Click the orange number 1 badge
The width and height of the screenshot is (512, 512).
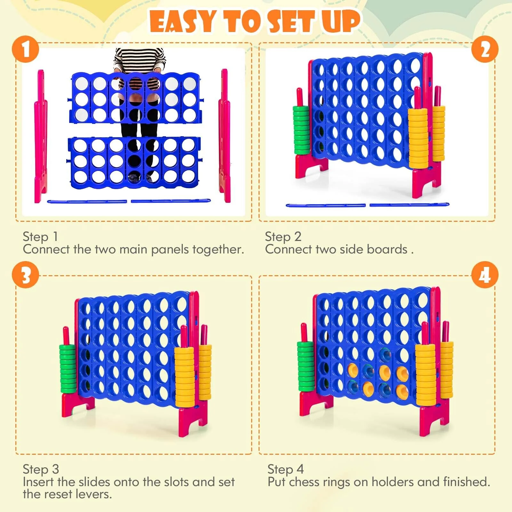tap(26, 50)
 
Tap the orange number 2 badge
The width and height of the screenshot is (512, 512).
tap(485, 50)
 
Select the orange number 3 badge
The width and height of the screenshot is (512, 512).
tap(26, 275)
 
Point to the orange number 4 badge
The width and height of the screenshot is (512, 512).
tap(485, 275)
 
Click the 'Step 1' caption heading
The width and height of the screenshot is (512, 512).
tap(40, 237)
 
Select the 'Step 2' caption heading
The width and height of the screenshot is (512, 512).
tap(283, 237)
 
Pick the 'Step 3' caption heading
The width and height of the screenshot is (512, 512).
tap(41, 469)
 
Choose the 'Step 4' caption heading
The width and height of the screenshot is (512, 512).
tap(285, 469)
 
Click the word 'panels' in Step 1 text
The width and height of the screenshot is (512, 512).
tap(170, 250)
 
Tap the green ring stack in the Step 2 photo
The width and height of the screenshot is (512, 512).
tap(301, 130)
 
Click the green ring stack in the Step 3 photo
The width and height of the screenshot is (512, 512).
tap(68, 369)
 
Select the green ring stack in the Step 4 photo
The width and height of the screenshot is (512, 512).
tap(306, 367)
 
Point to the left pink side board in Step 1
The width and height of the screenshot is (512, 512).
tap(41, 136)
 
